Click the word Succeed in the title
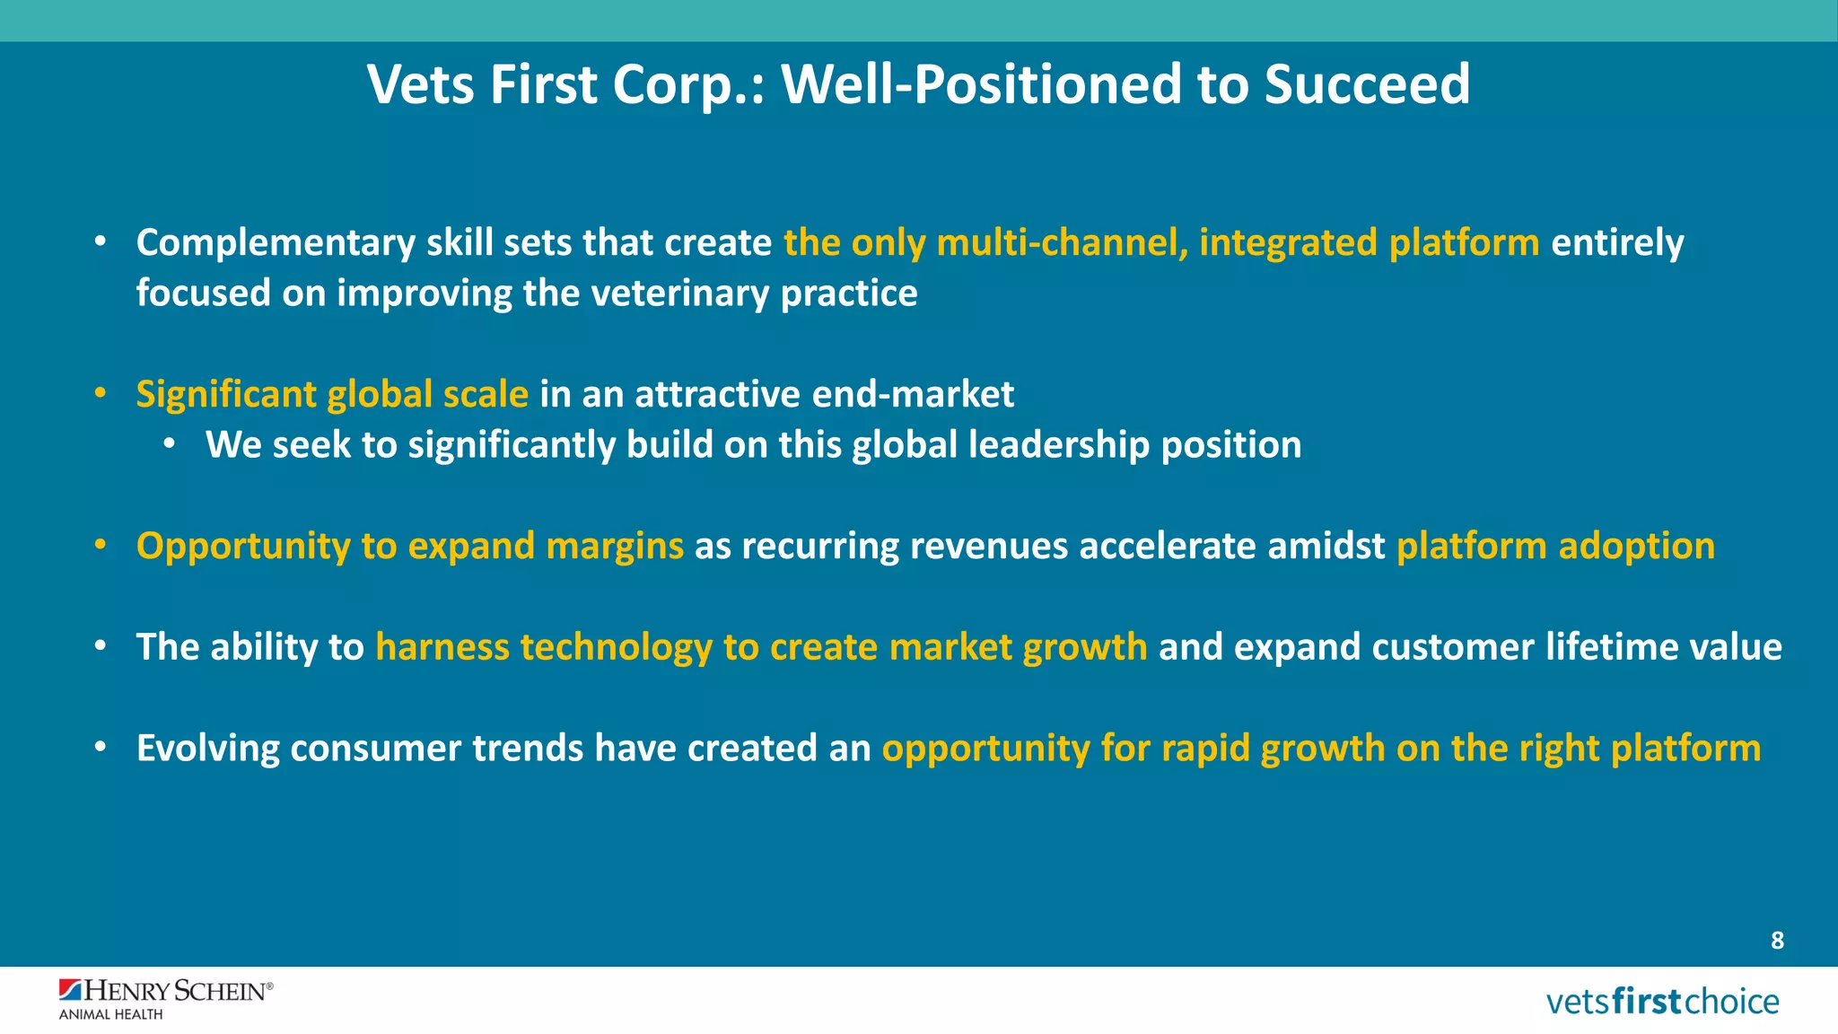coord(1367,84)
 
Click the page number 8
coord(1777,941)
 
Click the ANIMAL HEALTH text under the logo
coord(111,1014)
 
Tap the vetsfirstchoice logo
coord(1662,1001)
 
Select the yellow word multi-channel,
coord(1062,243)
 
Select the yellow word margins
coord(615,547)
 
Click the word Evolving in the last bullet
coord(207,749)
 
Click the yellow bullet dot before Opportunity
coord(101,545)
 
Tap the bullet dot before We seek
coord(170,444)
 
